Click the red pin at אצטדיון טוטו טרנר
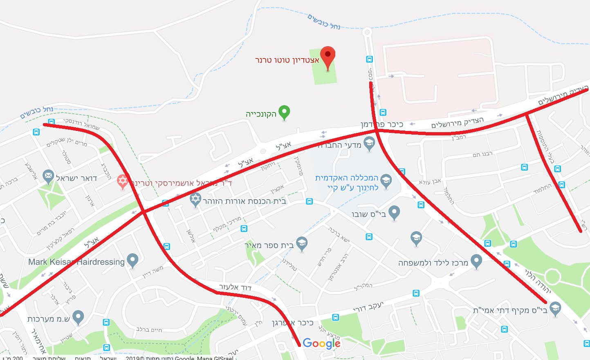click(x=328, y=57)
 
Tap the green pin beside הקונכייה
click(x=284, y=112)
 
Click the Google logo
click(x=321, y=344)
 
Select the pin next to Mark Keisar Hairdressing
click(x=132, y=260)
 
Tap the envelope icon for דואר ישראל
click(x=48, y=177)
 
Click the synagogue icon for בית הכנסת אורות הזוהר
click(x=196, y=200)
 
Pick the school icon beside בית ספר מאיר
click(x=302, y=244)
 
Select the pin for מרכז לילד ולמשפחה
click(x=476, y=261)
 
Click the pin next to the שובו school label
click(x=394, y=212)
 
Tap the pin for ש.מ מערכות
click(x=78, y=317)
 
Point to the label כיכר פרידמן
click(x=382, y=124)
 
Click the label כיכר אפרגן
click(x=293, y=323)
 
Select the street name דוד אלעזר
click(x=235, y=287)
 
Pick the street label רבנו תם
click(x=482, y=154)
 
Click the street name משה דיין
click(x=153, y=272)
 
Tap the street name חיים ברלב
click(x=149, y=329)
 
